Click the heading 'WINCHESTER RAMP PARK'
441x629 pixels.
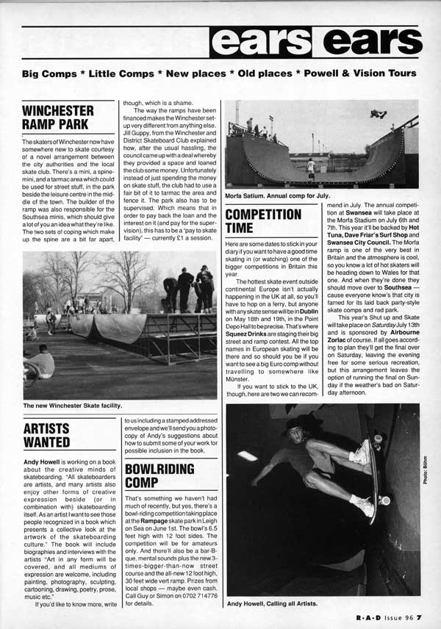click(x=58, y=118)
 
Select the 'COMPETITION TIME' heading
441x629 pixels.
click(x=263, y=222)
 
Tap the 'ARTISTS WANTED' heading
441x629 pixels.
click(x=48, y=435)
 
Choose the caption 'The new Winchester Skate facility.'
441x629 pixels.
click(x=71, y=405)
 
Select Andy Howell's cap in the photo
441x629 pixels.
click(x=296, y=425)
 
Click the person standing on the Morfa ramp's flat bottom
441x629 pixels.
click(x=311, y=168)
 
